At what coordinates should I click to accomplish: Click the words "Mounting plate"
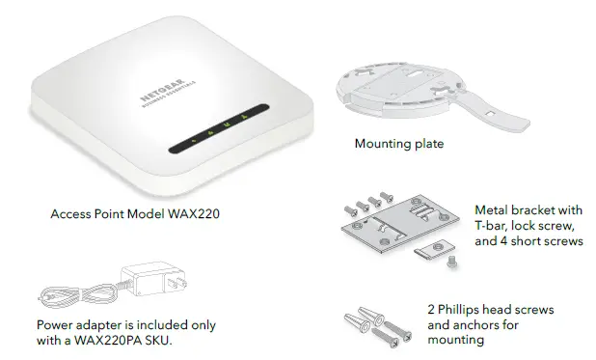[x=399, y=145]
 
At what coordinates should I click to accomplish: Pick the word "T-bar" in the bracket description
[x=491, y=225]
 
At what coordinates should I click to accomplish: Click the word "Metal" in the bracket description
[x=491, y=209]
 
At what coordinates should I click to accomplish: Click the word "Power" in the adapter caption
[x=54, y=325]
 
